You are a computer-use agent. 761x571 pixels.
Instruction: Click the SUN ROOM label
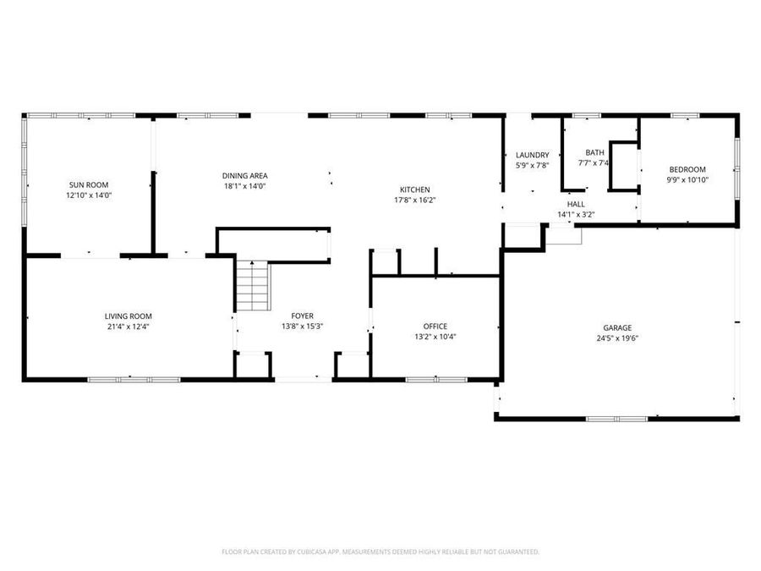[89, 184]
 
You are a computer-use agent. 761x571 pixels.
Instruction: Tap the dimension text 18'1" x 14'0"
[245, 186]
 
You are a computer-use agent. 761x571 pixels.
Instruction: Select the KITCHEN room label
[415, 189]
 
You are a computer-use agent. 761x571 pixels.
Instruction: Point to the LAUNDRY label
[533, 155]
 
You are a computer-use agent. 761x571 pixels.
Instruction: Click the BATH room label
[594, 152]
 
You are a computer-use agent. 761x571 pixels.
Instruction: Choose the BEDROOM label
[687, 169]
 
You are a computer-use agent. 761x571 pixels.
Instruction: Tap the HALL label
[576, 204]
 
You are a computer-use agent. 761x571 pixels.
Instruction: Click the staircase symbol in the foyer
[252, 286]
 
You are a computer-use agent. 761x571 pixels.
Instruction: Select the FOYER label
[303, 316]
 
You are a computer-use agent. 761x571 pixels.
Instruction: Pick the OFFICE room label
[435, 326]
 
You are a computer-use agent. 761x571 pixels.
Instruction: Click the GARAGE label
[617, 328]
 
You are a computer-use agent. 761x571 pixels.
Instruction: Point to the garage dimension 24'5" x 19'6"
[617, 338]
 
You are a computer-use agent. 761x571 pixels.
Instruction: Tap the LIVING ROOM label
[128, 316]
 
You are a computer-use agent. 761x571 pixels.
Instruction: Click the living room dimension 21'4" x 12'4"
[128, 327]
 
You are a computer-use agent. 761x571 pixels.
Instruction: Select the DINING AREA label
[245, 176]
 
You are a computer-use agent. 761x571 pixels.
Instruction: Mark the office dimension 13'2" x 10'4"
[435, 337]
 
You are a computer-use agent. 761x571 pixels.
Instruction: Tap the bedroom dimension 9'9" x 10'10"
[687, 179]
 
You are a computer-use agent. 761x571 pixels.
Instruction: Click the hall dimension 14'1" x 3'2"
[576, 215]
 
